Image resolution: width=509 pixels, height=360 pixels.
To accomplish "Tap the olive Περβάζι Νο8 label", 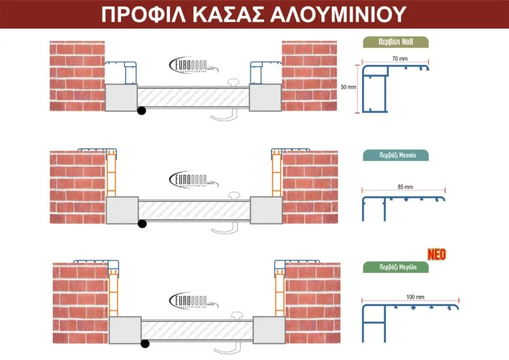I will click(x=395, y=43).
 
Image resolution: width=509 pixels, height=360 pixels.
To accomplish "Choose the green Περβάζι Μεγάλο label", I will click(x=395, y=268).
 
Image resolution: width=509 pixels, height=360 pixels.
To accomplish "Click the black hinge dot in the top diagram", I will click(x=141, y=111).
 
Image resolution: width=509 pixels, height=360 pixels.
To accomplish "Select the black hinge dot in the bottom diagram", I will click(x=146, y=344).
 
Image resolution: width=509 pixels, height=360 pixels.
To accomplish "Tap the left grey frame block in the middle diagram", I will click(x=122, y=210).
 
